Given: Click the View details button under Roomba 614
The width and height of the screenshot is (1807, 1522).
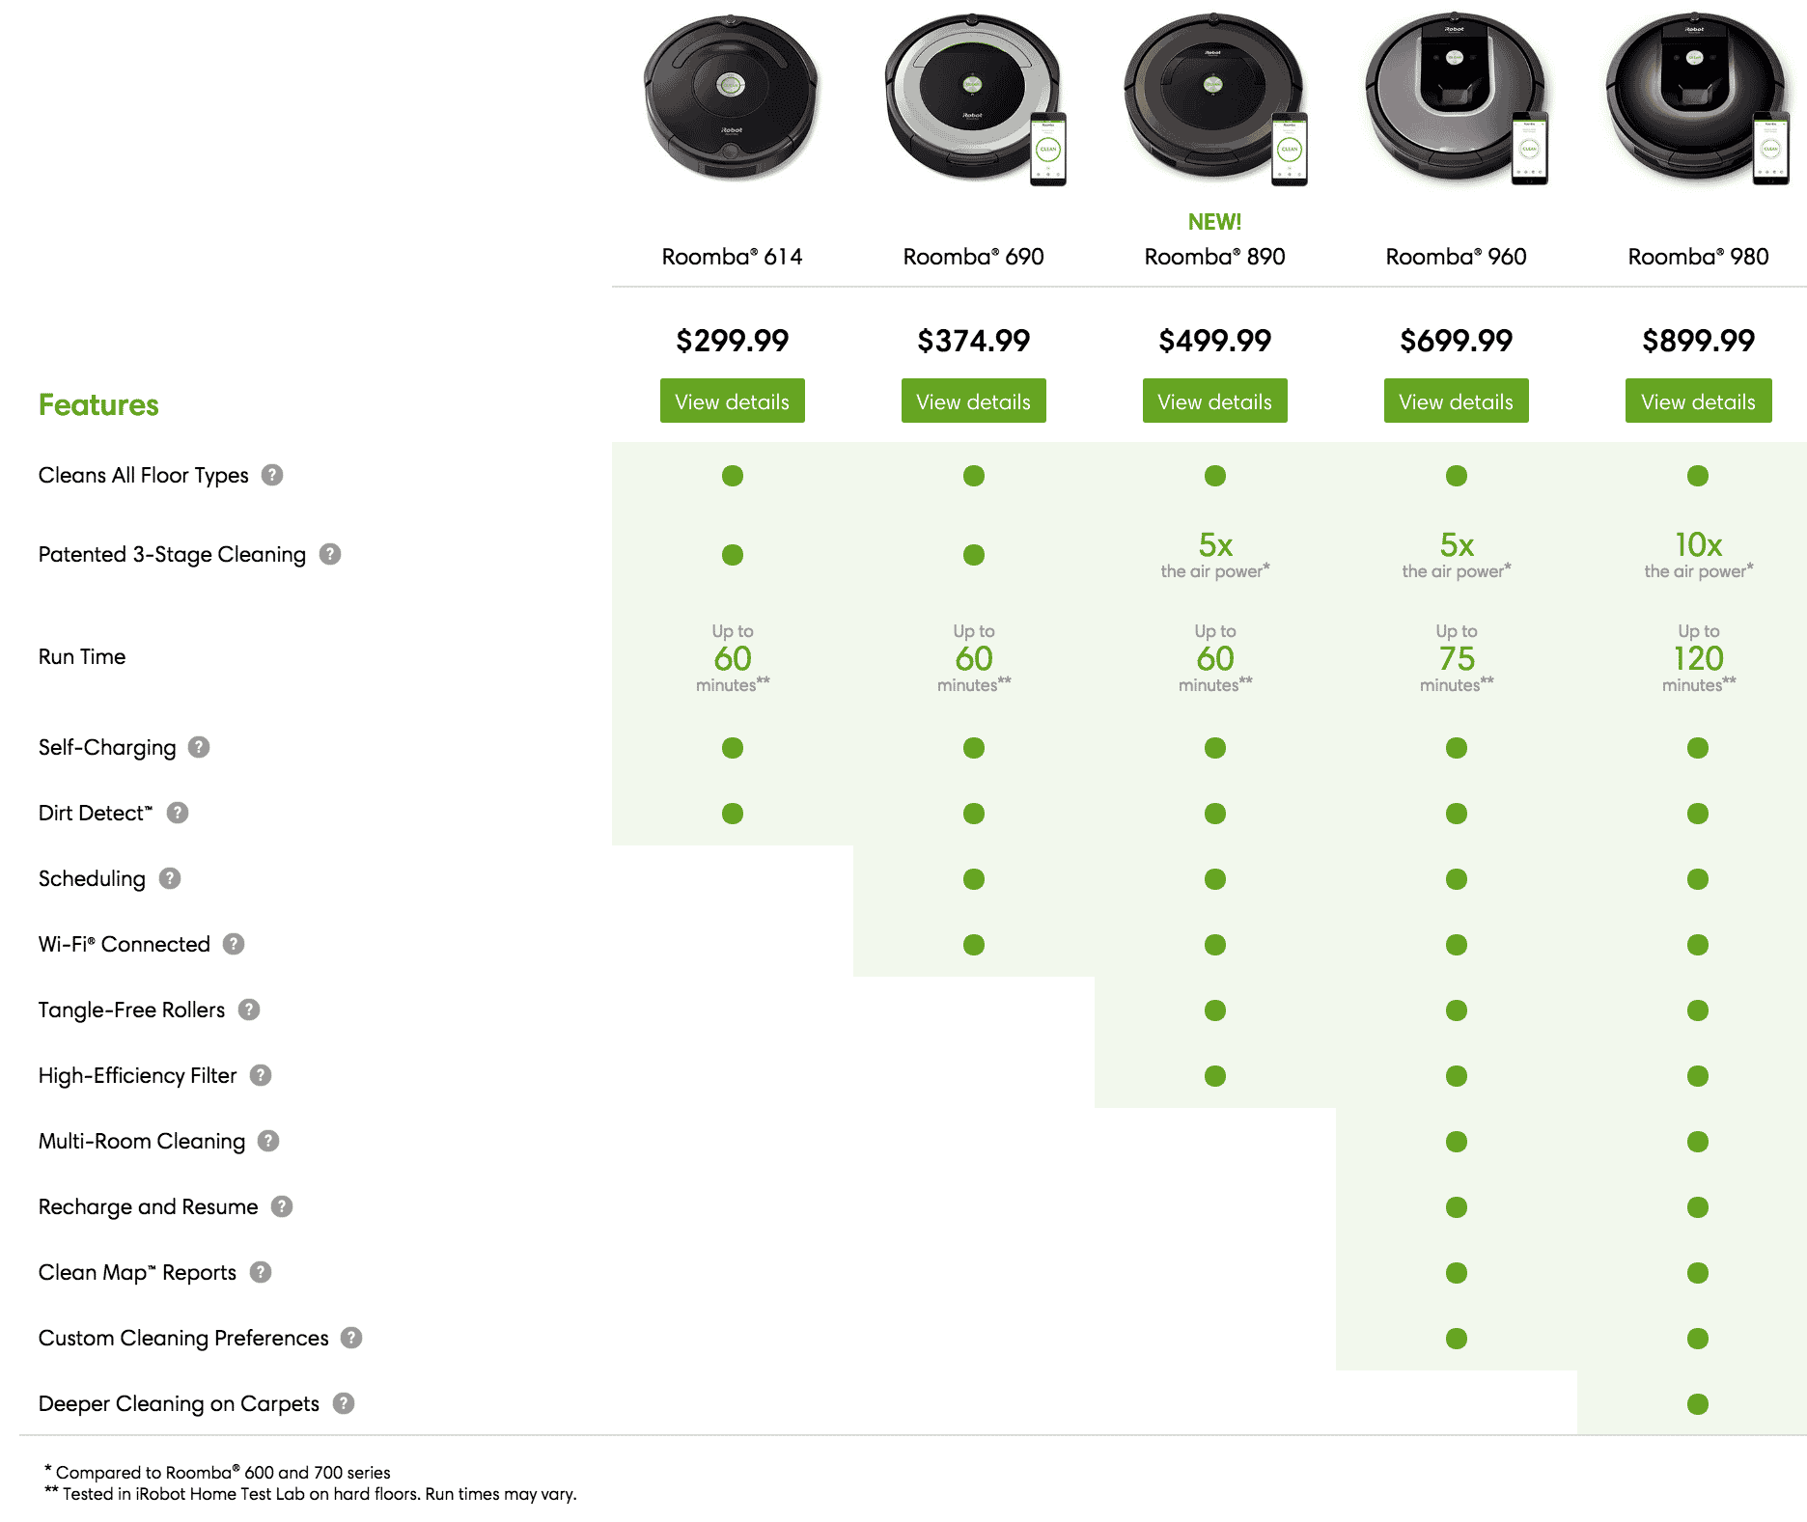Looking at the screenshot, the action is pos(733,401).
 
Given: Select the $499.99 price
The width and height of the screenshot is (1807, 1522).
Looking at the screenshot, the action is pos(1214,341).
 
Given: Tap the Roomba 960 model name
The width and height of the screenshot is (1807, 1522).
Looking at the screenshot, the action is pos(1456,257).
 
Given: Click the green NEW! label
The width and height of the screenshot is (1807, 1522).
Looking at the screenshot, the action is pos(1214,222).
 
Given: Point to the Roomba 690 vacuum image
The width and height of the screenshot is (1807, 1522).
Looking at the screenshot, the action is pos(973,97).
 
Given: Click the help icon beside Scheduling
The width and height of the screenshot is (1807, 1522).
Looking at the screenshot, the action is pos(170,878).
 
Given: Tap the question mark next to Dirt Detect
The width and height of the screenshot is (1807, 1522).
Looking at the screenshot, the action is pos(178,813).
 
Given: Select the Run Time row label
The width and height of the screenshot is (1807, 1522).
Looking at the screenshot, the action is pos(82,657).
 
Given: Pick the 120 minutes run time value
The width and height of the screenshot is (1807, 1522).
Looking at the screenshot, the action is pos(1699,658).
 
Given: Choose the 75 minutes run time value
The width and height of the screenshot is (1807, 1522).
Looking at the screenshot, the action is pos(1457,658).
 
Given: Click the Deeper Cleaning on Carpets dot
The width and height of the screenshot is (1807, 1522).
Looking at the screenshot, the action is pos(1698,1404).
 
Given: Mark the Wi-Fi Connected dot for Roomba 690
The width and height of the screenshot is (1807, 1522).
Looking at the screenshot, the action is pos(974,945).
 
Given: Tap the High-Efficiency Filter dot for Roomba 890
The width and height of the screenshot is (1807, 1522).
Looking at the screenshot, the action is pos(1215,1076).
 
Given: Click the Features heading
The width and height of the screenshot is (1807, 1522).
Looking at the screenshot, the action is pos(98,405).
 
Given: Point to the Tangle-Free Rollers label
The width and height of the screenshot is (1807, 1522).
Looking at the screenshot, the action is pos(131,1010).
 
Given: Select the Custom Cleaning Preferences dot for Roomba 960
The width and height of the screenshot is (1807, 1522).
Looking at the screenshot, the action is pos(1457,1339).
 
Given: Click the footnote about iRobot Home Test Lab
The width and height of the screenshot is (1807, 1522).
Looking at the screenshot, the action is pos(311,1494).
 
